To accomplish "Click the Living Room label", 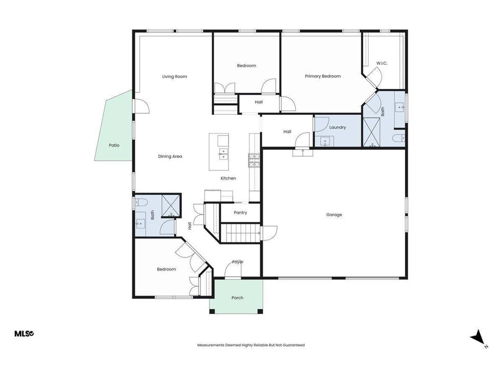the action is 175,77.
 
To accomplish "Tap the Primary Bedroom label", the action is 323,76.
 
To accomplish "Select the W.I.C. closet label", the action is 381,63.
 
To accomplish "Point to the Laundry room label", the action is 337,127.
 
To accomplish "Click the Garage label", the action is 334,215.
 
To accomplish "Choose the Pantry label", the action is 240,213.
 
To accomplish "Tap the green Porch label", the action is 237,298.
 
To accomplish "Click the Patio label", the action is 114,145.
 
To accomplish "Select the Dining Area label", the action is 170,157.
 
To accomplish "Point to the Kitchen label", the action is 228,178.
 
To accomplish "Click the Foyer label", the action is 238,262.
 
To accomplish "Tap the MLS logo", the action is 25,334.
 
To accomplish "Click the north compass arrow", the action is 477,337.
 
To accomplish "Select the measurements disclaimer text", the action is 251,345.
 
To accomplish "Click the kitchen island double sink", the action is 224,154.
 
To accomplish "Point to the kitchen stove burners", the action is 255,161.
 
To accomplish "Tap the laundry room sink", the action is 325,141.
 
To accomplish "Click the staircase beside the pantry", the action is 240,233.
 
